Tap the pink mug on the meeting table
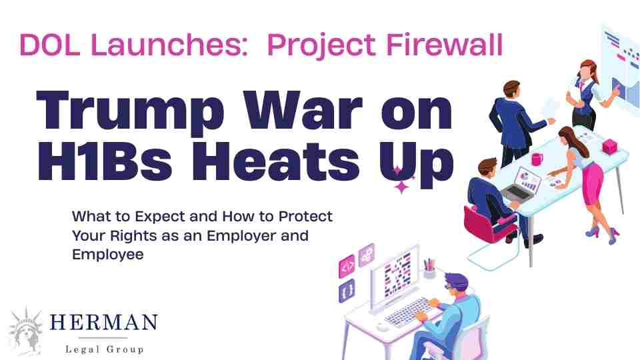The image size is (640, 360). [x=537, y=159]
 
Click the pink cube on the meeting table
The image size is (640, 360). [x=609, y=145]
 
